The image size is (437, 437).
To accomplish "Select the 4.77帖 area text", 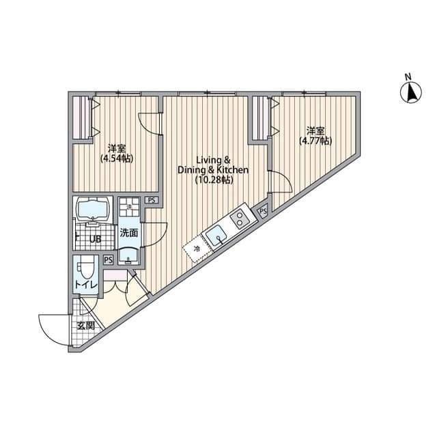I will (x=315, y=141).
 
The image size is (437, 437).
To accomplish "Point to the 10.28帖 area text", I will (x=213, y=180).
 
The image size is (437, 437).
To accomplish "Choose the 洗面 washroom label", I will (x=128, y=233).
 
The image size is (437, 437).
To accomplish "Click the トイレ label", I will (x=86, y=285).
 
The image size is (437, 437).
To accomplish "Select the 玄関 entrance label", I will (x=86, y=326).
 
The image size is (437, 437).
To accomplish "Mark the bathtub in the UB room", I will (x=94, y=209).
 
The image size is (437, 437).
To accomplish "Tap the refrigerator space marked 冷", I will (x=197, y=249).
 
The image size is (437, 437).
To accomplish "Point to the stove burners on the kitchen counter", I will (x=239, y=218).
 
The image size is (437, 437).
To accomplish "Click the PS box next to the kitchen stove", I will (x=263, y=212).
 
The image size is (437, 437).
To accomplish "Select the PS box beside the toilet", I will (x=108, y=259).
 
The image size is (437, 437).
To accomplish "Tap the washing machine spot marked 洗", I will (x=128, y=206).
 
